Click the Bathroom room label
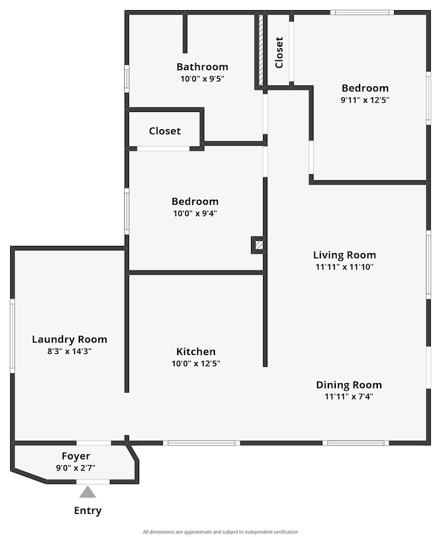click(202, 66)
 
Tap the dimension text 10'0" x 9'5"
click(202, 79)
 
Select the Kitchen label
click(196, 351)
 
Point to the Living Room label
click(344, 255)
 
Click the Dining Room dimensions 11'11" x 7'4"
click(349, 397)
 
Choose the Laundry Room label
click(69, 339)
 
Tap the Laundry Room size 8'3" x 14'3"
click(69, 351)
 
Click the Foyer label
click(76, 456)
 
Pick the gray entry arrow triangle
click(88, 492)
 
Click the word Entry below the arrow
click(88, 511)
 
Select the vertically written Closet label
click(279, 52)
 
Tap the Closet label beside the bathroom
click(165, 131)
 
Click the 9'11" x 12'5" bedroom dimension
click(365, 100)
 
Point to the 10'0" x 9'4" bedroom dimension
click(195, 213)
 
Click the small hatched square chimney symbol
click(258, 245)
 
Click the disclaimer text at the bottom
click(220, 532)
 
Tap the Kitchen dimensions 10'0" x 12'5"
click(196, 363)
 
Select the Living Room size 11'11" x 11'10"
click(344, 267)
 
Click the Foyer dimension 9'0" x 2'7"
click(76, 468)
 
